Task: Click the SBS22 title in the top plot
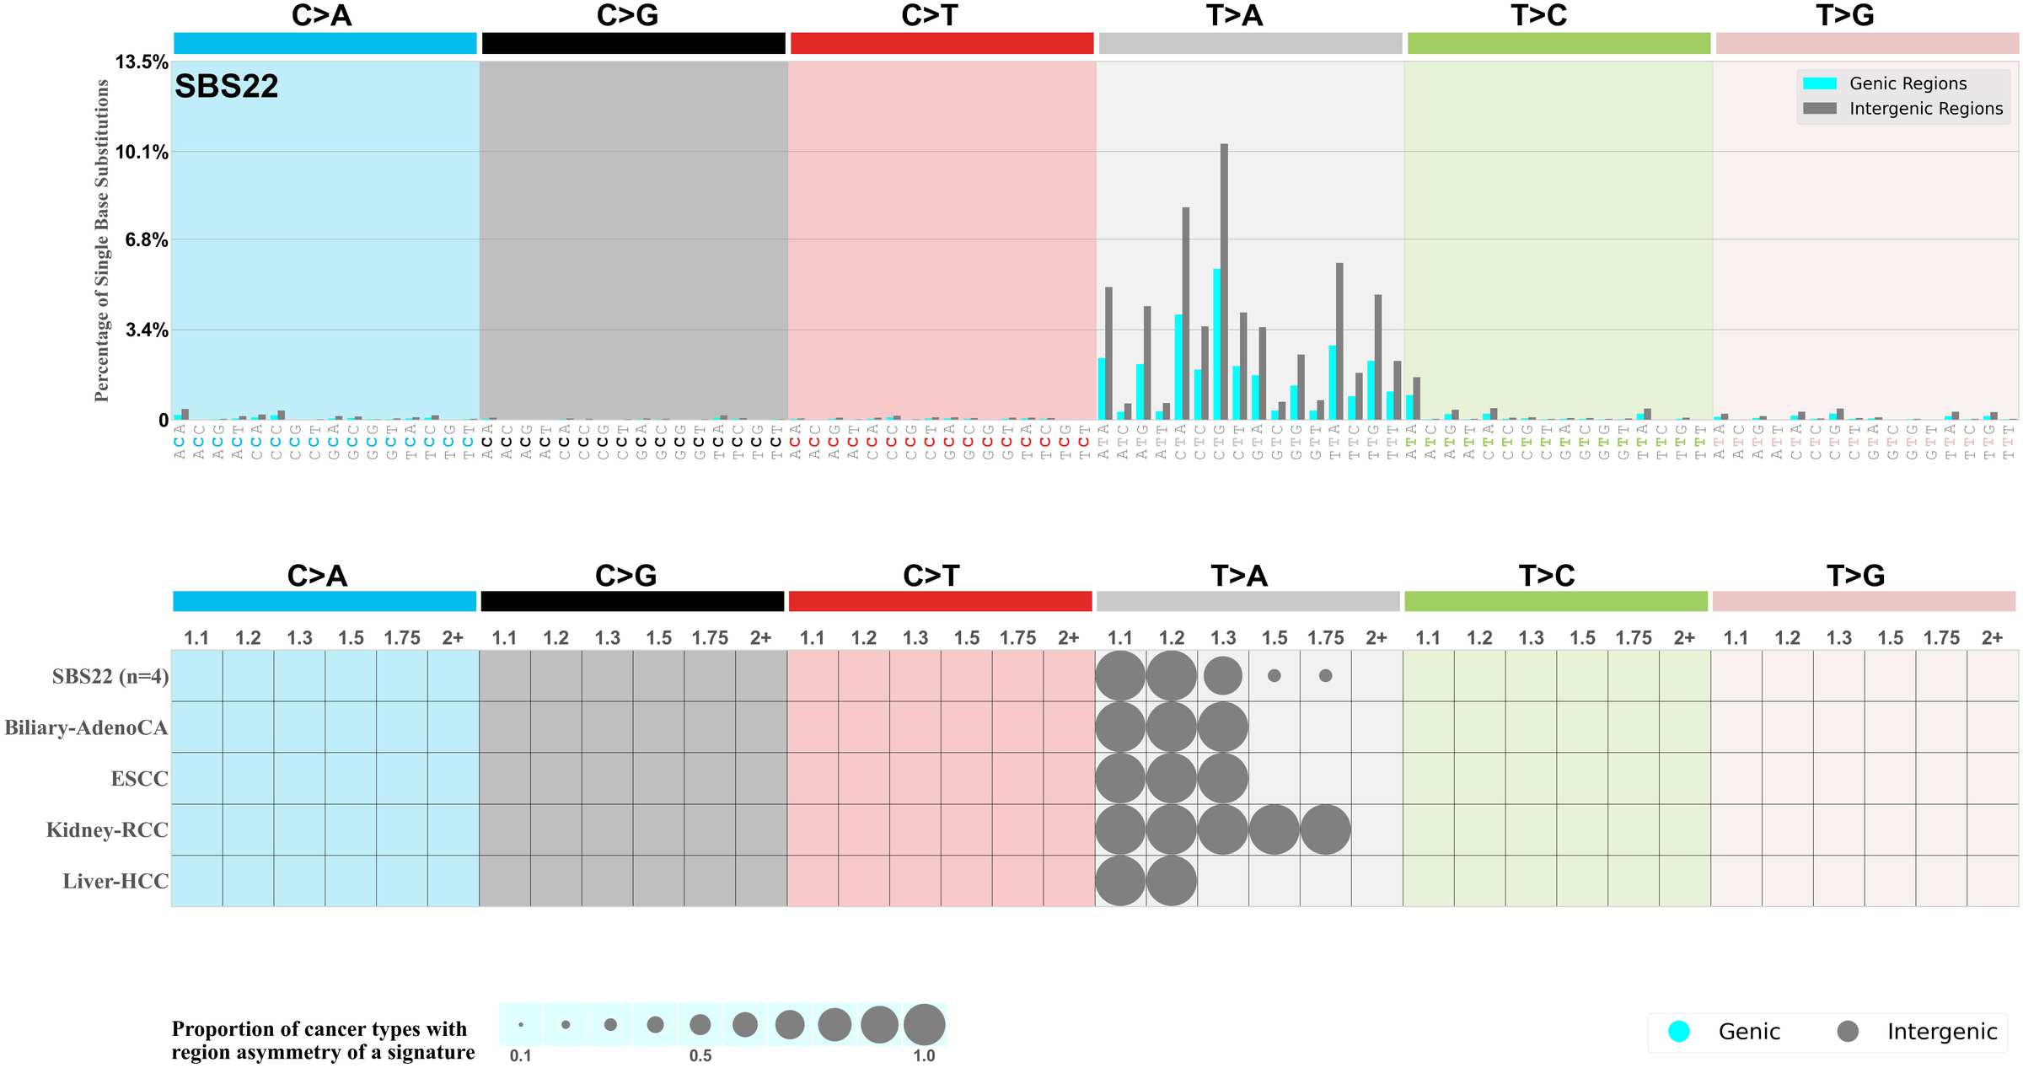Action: pos(226,87)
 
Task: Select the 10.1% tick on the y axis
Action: pos(142,153)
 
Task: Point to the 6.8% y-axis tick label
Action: pos(147,240)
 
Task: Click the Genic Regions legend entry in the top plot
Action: pos(1907,83)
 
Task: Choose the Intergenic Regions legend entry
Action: pos(1925,109)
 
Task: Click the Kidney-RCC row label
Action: pos(107,830)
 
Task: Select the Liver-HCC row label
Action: pos(115,882)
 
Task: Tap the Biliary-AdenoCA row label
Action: pos(86,727)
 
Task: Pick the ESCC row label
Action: pos(139,779)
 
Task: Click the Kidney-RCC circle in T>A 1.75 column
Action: pos(1325,830)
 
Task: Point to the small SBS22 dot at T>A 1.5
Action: pos(1274,676)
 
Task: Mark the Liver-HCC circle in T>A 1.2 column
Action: pos(1171,882)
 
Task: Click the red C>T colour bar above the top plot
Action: pos(942,44)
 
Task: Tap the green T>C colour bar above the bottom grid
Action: pos(1555,602)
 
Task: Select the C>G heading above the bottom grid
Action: pos(625,576)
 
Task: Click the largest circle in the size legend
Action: pos(924,1025)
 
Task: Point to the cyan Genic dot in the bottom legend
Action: pos(1678,1032)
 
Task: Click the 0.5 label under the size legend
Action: pos(700,1056)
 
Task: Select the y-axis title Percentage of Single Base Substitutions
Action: pos(102,240)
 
